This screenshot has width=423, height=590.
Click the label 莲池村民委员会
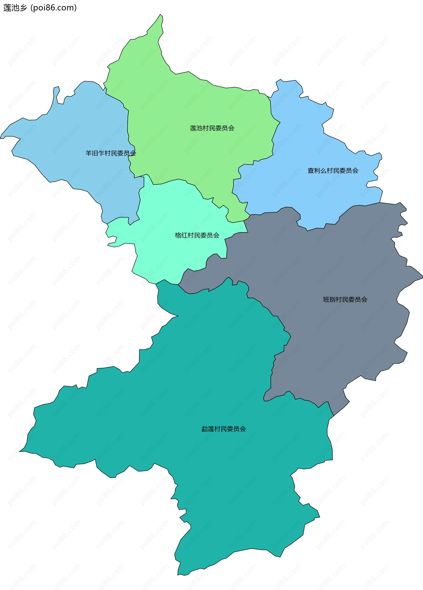pyautogui.click(x=212, y=128)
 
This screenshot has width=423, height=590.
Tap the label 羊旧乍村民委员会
pyautogui.click(x=111, y=153)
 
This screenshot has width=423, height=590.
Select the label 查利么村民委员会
pyautogui.click(x=333, y=170)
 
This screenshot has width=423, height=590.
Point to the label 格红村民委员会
pyautogui.click(x=197, y=235)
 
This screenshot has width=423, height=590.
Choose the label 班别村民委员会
pyautogui.click(x=345, y=300)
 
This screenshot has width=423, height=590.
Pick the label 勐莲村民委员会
pyautogui.click(x=224, y=429)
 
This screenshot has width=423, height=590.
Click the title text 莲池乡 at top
pyautogui.click(x=15, y=8)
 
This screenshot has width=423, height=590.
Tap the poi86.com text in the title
pyautogui.click(x=53, y=8)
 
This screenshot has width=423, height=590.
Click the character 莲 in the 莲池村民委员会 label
pyautogui.click(x=193, y=128)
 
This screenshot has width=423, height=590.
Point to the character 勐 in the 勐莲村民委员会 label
pyautogui.click(x=204, y=429)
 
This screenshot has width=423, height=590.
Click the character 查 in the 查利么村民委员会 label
pyautogui.click(x=311, y=170)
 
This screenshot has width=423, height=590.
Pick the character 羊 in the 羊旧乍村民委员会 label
pyautogui.click(x=89, y=153)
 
